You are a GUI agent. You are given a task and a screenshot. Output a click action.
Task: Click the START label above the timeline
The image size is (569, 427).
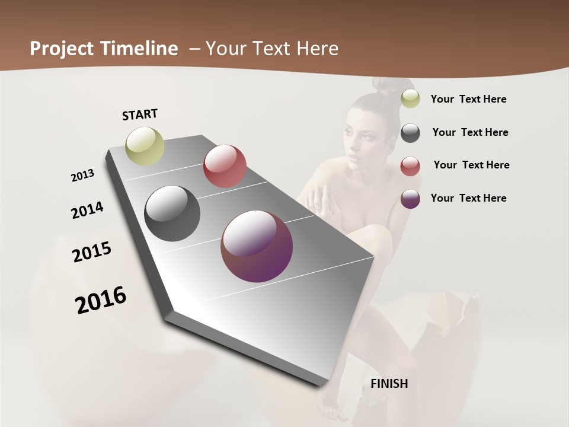pyautogui.click(x=140, y=114)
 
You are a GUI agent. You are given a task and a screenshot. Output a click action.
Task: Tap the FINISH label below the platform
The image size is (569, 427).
pyautogui.click(x=389, y=384)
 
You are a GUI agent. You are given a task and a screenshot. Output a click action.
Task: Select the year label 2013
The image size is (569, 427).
pyautogui.click(x=82, y=176)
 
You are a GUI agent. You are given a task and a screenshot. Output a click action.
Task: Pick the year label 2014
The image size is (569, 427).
pyautogui.click(x=87, y=210)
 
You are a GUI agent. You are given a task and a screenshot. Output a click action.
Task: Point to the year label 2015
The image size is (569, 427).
pyautogui.click(x=92, y=252)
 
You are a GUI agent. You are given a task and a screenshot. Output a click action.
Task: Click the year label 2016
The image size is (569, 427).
pyautogui.click(x=101, y=299)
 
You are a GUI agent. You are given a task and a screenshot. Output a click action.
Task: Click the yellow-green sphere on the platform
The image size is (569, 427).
pyautogui.click(x=145, y=146)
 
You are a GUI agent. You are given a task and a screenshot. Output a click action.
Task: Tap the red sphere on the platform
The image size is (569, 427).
pyautogui.click(x=225, y=166)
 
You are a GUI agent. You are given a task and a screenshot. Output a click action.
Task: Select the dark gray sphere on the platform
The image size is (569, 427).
pyautogui.click(x=172, y=213)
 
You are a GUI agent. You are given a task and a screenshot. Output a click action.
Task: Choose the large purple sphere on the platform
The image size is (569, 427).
pyautogui.click(x=257, y=246)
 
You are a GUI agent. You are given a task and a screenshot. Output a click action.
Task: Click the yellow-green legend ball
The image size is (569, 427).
pyautogui.click(x=410, y=98)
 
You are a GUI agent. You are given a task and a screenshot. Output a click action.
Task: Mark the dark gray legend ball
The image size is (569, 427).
pyautogui.click(x=410, y=133)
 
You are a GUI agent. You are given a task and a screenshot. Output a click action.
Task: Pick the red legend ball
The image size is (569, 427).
pyautogui.click(x=410, y=166)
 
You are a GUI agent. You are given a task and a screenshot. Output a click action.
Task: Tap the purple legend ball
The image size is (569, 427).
pyautogui.click(x=410, y=199)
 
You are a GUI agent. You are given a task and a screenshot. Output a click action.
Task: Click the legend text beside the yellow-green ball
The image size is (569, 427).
pyautogui.click(x=468, y=99)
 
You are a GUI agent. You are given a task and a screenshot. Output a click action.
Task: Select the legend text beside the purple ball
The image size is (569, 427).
pyautogui.click(x=468, y=198)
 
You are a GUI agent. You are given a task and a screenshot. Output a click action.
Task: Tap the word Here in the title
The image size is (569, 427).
pyautogui.click(x=317, y=49)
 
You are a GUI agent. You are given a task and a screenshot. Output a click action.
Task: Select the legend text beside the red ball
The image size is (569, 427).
pyautogui.click(x=471, y=165)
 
